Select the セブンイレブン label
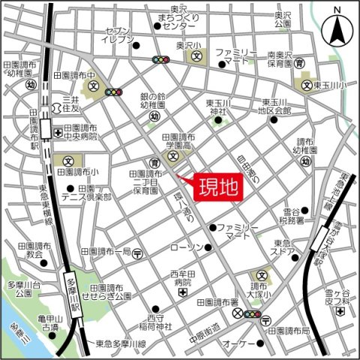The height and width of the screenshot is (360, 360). (x=118, y=36)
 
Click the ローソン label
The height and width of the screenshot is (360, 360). (x=185, y=247)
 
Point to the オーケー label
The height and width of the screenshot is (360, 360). (x=238, y=322)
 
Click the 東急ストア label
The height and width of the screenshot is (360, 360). (x=283, y=247)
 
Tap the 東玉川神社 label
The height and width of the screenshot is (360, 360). (x=221, y=108)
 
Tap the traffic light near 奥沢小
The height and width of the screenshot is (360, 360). (x=160, y=59)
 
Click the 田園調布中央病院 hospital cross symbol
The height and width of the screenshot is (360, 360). (x=58, y=133)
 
